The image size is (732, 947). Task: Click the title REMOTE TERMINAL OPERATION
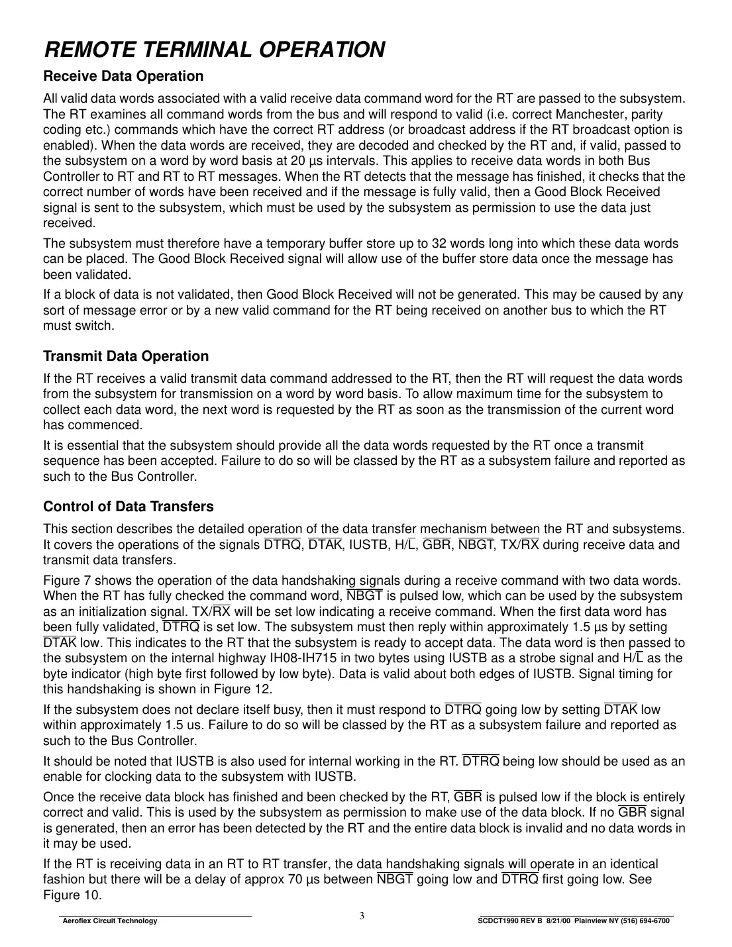point(214,50)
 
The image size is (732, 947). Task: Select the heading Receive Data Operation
point(123,75)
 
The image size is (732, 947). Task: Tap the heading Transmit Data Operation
point(126,356)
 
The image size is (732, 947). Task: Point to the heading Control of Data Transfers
point(129,507)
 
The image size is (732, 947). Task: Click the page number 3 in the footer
point(362,917)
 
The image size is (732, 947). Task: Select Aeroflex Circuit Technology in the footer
point(109,921)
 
